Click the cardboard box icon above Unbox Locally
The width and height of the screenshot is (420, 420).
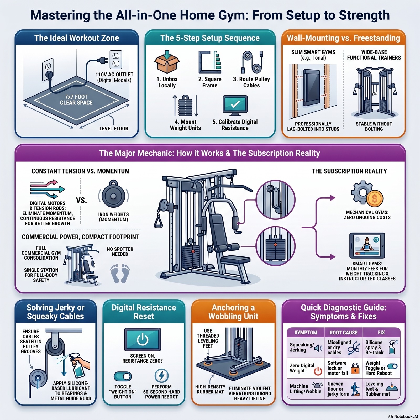167,62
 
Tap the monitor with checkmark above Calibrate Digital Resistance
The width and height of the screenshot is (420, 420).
235,106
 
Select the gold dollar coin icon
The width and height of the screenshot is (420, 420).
375,199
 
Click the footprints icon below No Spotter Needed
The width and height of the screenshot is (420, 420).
120,273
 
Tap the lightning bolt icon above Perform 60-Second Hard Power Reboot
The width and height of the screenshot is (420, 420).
161,375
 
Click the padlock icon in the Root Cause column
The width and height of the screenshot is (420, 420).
355,368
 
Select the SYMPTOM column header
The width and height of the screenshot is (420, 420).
306,333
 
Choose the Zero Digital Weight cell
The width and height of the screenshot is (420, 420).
306,368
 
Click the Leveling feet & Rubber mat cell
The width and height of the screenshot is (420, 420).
381,389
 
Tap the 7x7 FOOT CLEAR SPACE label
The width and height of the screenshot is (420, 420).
76,100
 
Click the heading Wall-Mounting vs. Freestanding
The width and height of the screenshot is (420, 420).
344,38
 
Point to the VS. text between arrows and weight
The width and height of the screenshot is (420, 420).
81,201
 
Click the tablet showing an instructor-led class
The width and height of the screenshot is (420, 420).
367,246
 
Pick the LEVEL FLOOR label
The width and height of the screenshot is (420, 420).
114,129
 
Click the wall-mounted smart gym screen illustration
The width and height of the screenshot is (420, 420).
313,88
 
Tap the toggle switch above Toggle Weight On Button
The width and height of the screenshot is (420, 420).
123,376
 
